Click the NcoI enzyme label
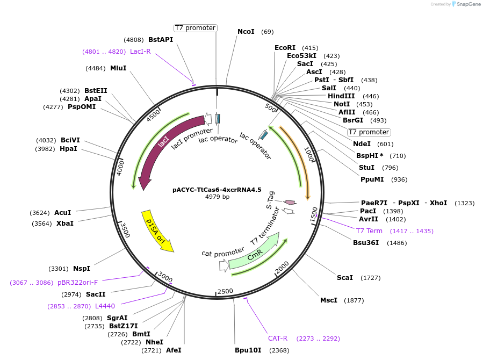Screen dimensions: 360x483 click(x=246, y=32)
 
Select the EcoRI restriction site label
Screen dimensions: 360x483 click(x=285, y=48)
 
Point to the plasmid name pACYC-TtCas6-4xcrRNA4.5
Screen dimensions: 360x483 click(x=217, y=190)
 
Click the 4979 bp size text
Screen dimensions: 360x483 click(x=217, y=197)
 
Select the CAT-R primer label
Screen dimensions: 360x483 click(x=278, y=339)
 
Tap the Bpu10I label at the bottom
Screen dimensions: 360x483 click(x=248, y=350)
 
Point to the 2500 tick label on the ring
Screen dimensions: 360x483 click(x=225, y=291)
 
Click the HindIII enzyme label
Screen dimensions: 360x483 click(x=341, y=96)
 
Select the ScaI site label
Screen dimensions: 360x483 click(x=344, y=278)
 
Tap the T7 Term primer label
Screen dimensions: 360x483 click(x=369, y=231)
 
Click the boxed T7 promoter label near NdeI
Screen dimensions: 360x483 click(x=369, y=132)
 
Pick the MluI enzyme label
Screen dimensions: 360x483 click(x=118, y=68)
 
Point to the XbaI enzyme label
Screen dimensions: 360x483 click(x=65, y=224)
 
